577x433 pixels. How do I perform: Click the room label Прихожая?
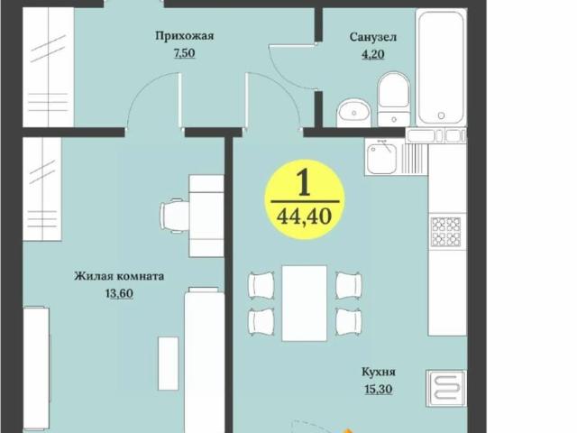click(184, 36)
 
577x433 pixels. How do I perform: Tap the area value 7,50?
click(184, 52)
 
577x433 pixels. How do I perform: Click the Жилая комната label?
click(119, 277)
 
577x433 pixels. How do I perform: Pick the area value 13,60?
click(119, 293)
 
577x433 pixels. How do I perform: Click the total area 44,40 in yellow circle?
click(304, 216)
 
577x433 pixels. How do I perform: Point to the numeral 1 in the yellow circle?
click(304, 184)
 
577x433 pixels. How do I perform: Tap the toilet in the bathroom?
click(393, 99)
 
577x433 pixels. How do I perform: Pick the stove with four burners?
click(446, 231)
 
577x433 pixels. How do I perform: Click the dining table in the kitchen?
click(304, 303)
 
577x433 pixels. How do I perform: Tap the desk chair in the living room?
click(175, 215)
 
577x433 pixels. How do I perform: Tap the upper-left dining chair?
click(261, 285)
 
